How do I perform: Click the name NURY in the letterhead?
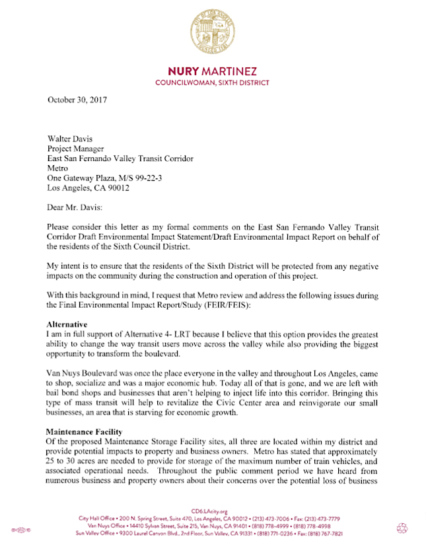(x=187, y=71)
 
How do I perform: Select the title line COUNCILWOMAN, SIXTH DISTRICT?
(x=212, y=83)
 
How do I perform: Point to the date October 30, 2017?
(x=77, y=100)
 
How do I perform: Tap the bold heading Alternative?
(x=67, y=324)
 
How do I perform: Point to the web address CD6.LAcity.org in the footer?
(x=212, y=511)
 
